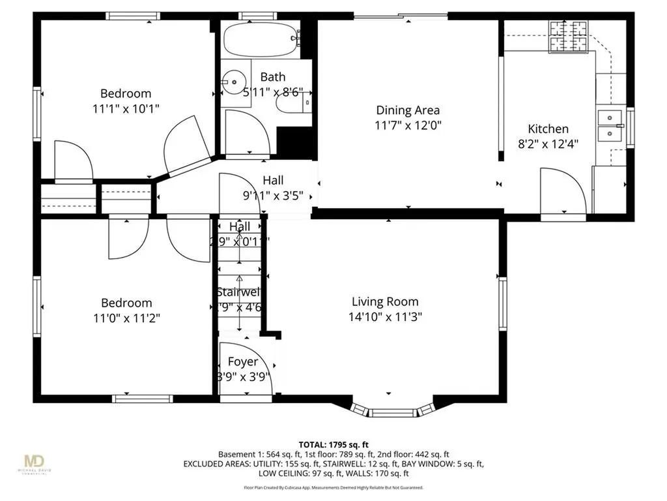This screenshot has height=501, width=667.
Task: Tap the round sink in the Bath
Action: [x=229, y=82]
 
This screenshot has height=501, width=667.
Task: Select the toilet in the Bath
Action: [x=291, y=104]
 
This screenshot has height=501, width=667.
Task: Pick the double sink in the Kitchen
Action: [x=610, y=126]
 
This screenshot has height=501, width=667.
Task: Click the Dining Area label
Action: [x=408, y=110]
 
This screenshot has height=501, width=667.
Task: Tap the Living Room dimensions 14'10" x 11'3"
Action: [x=385, y=317]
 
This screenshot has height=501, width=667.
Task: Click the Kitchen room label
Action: [x=548, y=129]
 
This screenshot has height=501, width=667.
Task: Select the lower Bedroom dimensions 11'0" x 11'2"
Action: [x=126, y=318]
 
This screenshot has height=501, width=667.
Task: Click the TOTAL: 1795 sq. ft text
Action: [x=333, y=443]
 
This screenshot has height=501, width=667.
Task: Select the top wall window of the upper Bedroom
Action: [x=134, y=16]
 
